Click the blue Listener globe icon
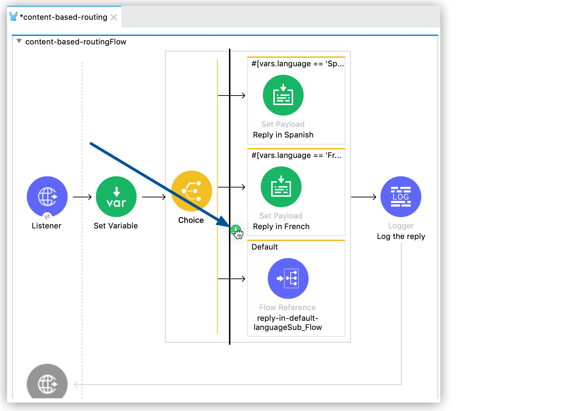[x=47, y=196]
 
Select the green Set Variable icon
[x=116, y=196]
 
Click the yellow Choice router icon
[x=191, y=191]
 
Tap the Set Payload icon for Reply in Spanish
[x=283, y=95]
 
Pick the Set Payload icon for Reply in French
[x=281, y=187]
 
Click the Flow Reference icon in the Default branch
[x=288, y=278]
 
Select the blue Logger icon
[x=401, y=196]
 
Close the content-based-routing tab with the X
[x=114, y=17]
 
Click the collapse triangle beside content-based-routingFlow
[x=19, y=41]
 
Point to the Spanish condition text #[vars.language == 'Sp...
[x=297, y=64]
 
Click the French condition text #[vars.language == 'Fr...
[x=296, y=155]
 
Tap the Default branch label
[x=265, y=247]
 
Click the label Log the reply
[x=401, y=236]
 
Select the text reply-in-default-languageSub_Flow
[x=287, y=323]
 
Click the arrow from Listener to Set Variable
[x=82, y=197]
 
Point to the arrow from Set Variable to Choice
[x=154, y=197]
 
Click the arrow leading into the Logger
[x=364, y=197]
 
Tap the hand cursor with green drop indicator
[x=237, y=232]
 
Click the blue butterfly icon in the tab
[x=13, y=17]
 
